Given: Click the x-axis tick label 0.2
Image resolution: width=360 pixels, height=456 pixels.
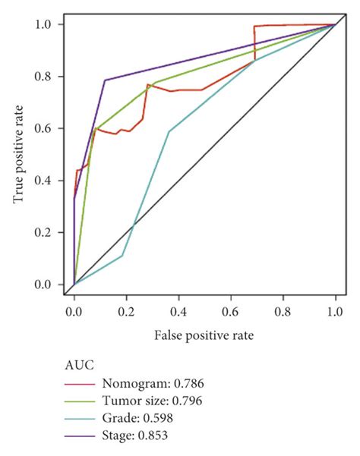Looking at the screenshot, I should click(x=126, y=312).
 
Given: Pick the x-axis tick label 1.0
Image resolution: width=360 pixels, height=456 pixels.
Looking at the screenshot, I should click(x=335, y=312).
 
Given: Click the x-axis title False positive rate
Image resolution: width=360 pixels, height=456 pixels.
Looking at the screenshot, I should click(x=204, y=335).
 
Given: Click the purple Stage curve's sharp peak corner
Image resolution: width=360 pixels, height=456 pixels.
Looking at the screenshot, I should click(x=105, y=80).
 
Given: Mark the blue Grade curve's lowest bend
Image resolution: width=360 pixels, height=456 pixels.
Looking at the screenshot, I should click(x=122, y=256).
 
